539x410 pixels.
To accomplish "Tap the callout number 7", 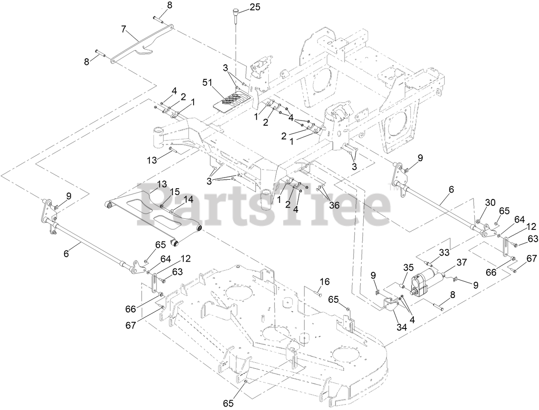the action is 124,29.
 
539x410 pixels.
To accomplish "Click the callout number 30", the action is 491,202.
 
